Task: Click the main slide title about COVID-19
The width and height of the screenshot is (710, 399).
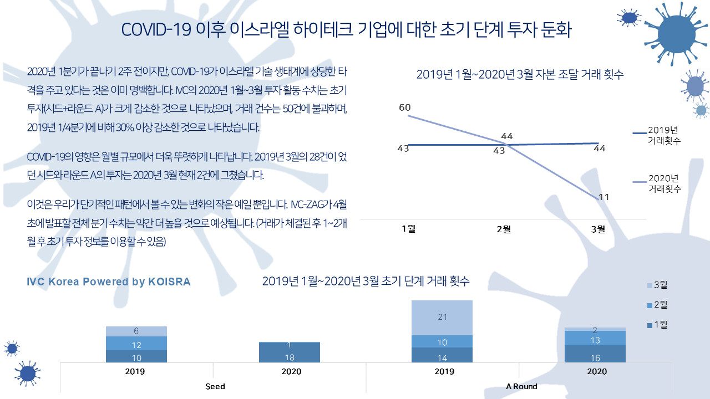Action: (346, 30)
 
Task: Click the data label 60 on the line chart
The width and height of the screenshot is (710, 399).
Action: (405, 108)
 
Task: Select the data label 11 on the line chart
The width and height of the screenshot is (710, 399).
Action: (605, 197)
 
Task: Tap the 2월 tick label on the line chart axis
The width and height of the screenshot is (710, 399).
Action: (504, 229)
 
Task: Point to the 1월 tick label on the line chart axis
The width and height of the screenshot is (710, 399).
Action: (408, 229)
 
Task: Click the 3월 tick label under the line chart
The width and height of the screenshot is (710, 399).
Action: (599, 229)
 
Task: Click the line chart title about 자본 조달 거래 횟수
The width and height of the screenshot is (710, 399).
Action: (520, 75)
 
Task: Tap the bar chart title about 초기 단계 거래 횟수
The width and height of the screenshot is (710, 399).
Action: (366, 281)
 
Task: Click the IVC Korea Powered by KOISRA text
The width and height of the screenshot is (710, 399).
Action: (109, 282)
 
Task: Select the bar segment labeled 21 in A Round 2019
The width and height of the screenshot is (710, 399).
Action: (442, 318)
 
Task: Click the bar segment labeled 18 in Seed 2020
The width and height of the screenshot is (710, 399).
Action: (290, 354)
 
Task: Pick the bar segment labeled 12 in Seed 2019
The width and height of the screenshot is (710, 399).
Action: (136, 344)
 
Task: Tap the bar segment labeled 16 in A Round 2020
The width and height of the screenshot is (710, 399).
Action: (595, 355)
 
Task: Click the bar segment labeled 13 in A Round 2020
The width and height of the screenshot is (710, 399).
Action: (595, 339)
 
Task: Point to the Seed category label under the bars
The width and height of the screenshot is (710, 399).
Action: (215, 386)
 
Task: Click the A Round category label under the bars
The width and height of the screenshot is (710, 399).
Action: (521, 386)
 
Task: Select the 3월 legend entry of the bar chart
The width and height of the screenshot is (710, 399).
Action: (656, 285)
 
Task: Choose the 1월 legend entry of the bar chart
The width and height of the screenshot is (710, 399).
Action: (656, 325)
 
